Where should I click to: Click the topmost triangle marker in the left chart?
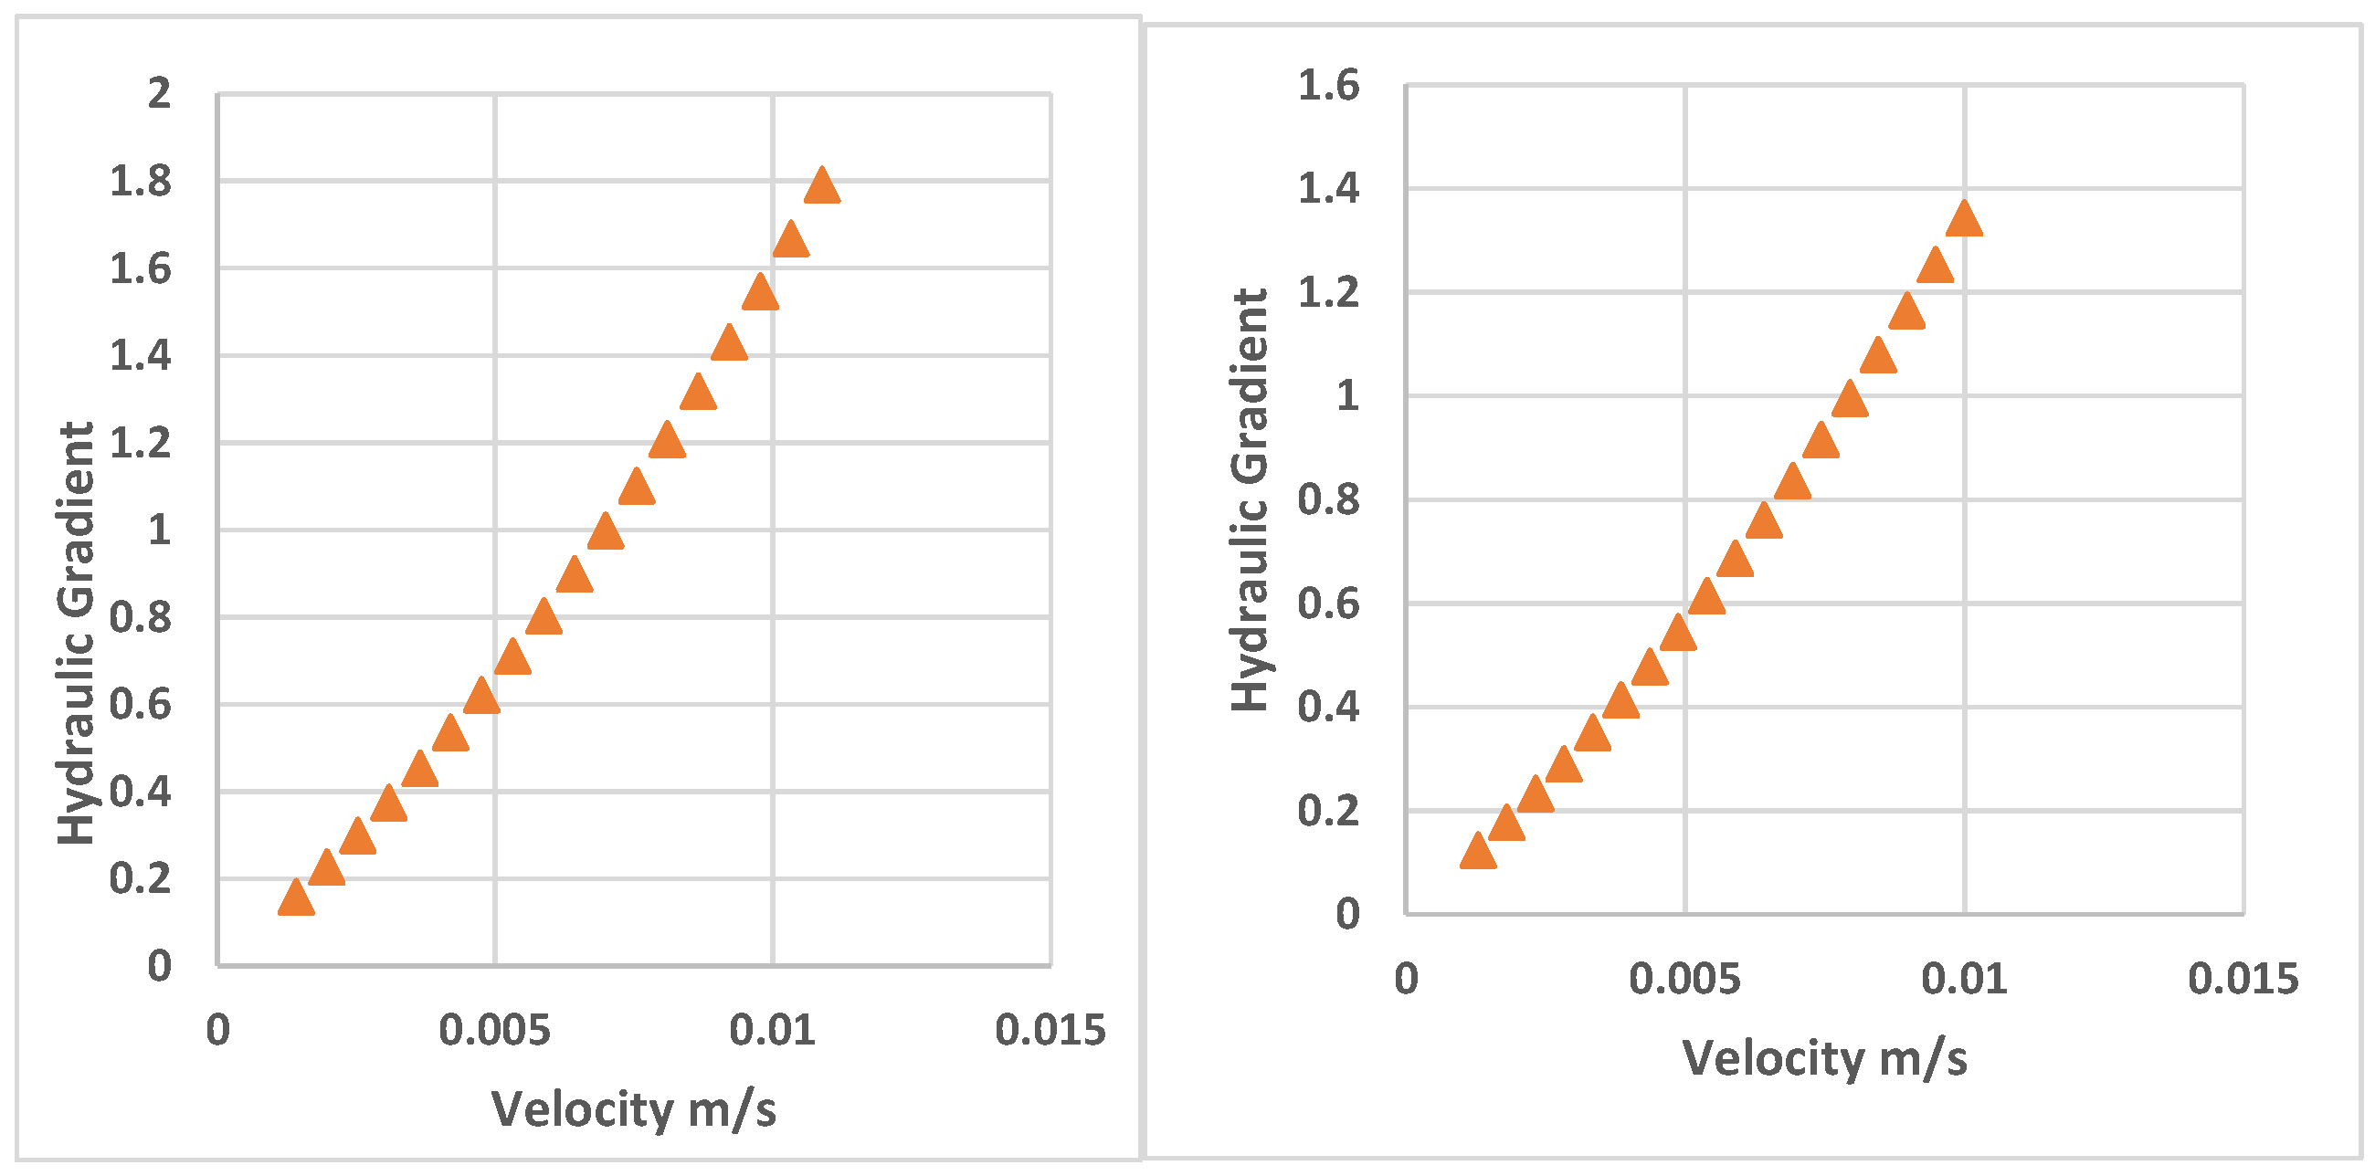click(821, 186)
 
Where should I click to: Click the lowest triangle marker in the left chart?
click(296, 898)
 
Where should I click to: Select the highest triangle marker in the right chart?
click(1964, 219)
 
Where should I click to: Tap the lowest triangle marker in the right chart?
click(1478, 852)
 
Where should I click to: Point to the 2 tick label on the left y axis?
click(160, 93)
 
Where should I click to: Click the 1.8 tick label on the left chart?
click(140, 181)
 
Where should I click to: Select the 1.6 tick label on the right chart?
click(1328, 86)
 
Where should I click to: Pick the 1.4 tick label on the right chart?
click(1328, 188)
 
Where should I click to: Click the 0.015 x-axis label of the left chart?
click(1050, 1031)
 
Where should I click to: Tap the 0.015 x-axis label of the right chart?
click(2243, 979)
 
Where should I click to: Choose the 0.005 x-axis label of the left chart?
click(494, 1031)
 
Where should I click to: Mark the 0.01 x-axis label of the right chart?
click(1964, 979)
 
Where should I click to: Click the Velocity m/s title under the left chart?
click(633, 1108)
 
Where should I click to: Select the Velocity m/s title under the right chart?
click(1824, 1057)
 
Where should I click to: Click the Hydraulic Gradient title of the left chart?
click(77, 633)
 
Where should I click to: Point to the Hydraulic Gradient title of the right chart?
click(1251, 499)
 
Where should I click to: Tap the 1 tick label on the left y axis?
click(160, 530)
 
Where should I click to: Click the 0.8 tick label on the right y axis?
click(1328, 499)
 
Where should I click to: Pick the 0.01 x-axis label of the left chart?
click(773, 1031)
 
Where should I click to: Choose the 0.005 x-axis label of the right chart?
click(1684, 979)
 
